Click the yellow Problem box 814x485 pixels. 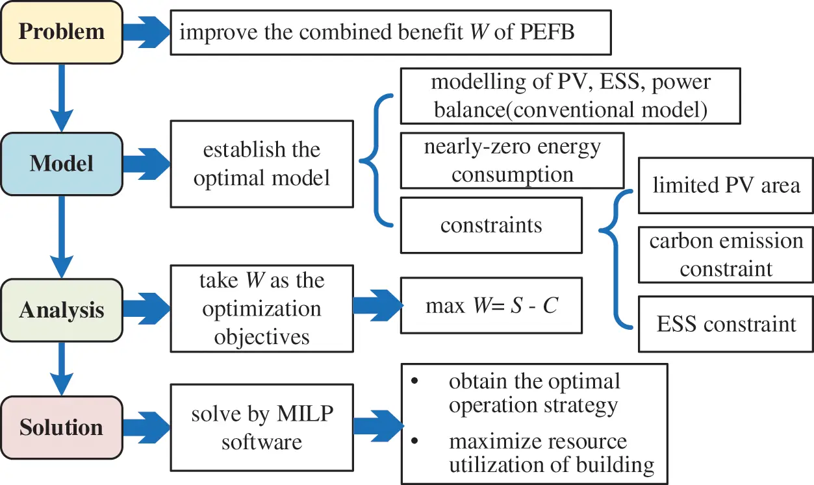coord(61,32)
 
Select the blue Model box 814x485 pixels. coord(61,163)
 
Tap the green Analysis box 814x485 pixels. coord(61,310)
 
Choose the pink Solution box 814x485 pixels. coord(61,427)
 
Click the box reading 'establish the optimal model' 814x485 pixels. coord(261,163)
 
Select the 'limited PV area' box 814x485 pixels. coord(726,185)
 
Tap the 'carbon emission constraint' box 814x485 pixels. coord(726,254)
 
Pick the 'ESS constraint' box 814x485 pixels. coord(726,323)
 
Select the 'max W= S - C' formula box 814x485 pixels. coord(491,305)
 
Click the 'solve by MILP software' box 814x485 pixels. coord(261,427)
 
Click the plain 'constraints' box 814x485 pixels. coord(491,225)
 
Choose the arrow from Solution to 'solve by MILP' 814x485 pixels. coord(146,427)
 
